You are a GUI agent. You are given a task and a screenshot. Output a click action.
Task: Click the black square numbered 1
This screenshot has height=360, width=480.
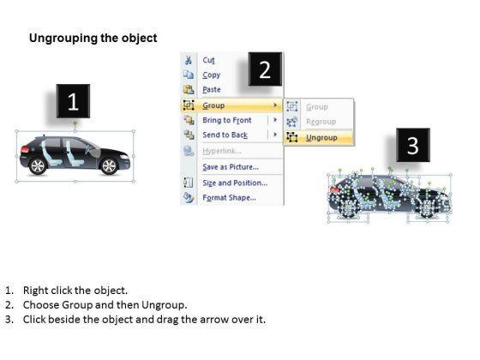point(73,103)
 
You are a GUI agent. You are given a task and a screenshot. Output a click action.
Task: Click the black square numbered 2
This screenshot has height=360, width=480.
point(265,69)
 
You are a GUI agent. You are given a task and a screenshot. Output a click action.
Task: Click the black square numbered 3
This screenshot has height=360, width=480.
point(413,146)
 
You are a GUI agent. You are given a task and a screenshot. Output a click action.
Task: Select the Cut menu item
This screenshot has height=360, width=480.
point(209,60)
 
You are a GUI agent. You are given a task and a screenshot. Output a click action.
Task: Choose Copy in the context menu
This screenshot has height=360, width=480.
point(211,75)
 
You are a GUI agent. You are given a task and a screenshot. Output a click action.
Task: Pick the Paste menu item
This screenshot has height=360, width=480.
point(212,89)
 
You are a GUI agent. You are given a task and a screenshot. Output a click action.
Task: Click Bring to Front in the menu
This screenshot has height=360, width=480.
point(227,121)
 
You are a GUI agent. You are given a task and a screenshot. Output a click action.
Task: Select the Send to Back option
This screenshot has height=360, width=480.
point(225,135)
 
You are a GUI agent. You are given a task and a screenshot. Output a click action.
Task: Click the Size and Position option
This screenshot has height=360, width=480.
point(235,183)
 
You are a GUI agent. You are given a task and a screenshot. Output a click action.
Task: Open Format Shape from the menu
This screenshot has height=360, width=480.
point(229,197)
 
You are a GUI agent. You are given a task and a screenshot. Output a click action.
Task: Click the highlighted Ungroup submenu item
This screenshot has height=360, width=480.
point(321,137)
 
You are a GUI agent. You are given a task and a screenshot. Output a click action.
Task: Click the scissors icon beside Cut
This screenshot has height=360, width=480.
point(189,60)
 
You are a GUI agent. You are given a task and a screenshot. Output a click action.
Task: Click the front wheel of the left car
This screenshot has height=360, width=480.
point(109,165)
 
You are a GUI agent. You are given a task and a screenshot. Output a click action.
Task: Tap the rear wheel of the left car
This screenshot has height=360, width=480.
point(38,165)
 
